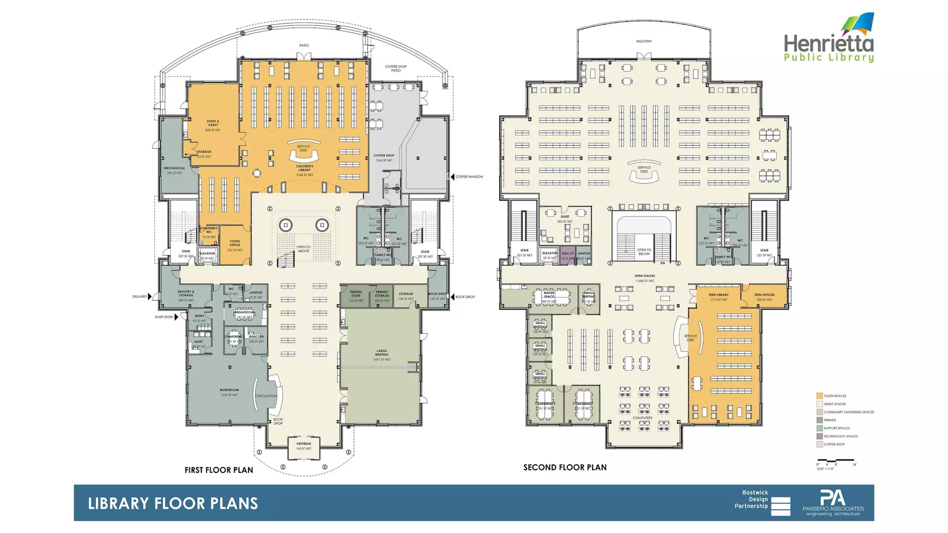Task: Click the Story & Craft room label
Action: point(213,124)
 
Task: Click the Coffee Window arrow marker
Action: point(453,177)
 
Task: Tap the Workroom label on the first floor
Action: point(229,392)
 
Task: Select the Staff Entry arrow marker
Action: point(176,317)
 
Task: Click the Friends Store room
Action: point(355,296)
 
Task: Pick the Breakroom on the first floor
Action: point(244,314)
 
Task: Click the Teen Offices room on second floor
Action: point(764,297)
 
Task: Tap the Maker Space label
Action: point(549,295)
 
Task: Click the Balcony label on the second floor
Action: point(644,41)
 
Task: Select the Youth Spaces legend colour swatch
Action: point(819,396)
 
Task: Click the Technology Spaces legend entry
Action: point(840,436)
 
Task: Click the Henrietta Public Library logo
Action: point(829,39)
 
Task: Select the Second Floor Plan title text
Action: point(565,467)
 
